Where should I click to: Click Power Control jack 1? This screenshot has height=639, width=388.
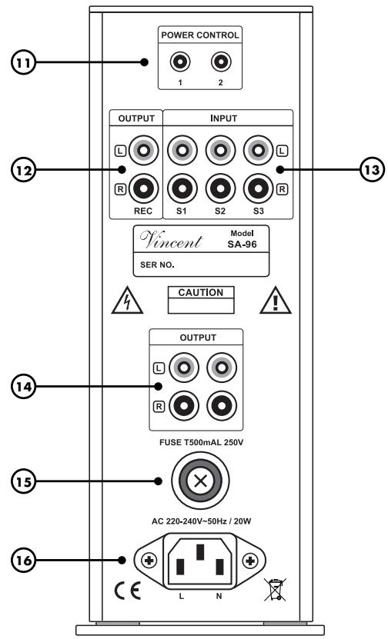pyautogui.click(x=180, y=60)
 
